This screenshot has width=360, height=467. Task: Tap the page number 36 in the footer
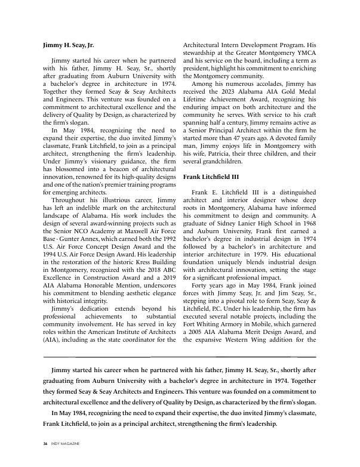tap(45, 444)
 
